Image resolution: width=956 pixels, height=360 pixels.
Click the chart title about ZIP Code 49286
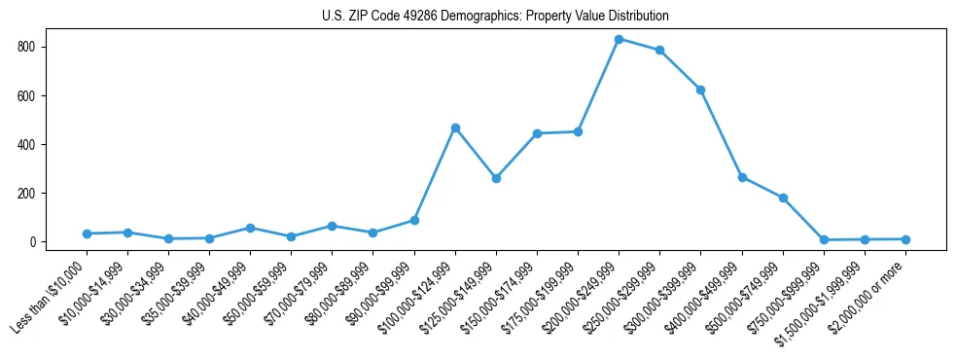pos(495,17)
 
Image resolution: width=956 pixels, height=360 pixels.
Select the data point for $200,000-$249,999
pos(619,39)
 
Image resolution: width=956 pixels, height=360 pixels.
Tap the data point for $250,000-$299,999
pos(659,51)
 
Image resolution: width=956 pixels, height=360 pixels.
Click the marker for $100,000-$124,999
pos(455,127)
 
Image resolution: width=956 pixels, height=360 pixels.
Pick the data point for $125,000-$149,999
pos(496,178)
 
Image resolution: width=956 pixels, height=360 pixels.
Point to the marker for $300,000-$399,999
pos(700,90)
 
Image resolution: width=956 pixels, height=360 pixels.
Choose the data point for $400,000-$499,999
pos(742,177)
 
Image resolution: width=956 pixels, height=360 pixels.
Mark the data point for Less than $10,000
pos(87,234)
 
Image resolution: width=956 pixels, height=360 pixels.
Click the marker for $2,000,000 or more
pos(905,239)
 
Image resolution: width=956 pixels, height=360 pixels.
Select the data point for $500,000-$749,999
pos(783,198)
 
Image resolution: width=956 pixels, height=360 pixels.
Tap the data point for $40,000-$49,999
pos(250,228)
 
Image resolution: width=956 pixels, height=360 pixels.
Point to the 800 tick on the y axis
pos(41,47)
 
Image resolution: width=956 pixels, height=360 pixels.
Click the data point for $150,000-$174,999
pos(537,133)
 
